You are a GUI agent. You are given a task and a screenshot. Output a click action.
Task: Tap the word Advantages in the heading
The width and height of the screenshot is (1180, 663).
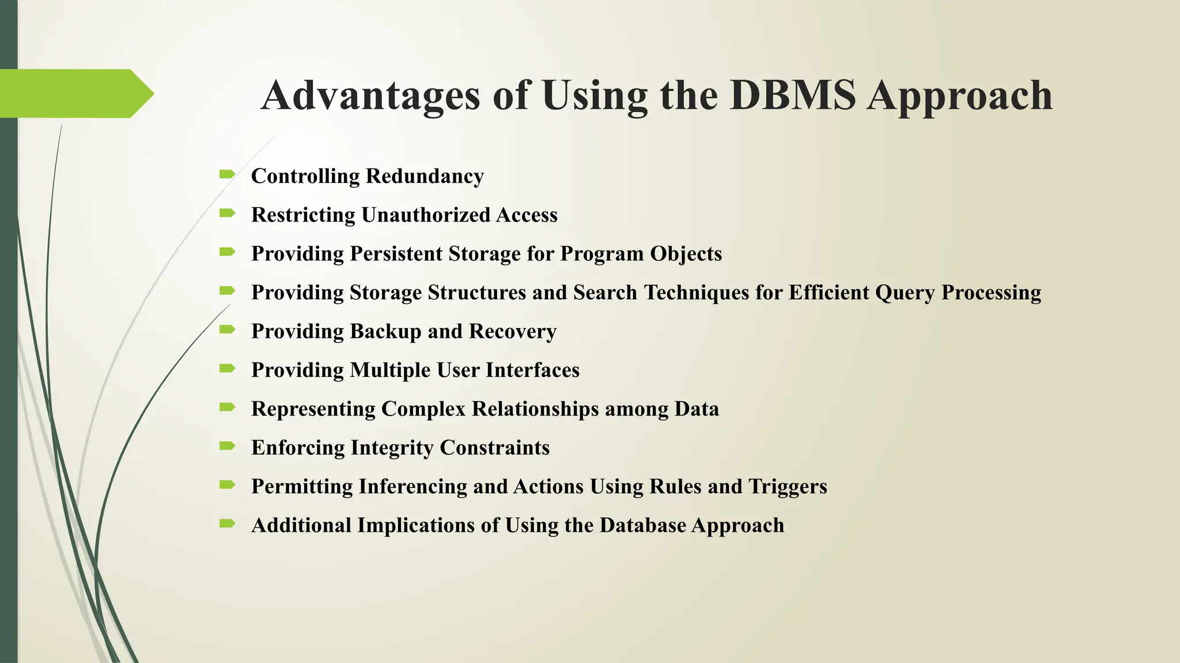[370, 96]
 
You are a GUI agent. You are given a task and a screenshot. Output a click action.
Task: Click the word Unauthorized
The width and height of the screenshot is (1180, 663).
[425, 215]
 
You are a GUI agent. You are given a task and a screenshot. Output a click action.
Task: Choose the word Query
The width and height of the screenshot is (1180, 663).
[905, 293]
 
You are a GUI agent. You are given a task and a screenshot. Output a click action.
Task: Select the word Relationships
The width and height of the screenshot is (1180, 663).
[535, 409]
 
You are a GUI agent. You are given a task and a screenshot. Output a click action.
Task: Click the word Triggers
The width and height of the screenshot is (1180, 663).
[788, 487]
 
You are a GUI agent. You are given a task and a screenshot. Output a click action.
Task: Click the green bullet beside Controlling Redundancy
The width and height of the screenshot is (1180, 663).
[227, 174]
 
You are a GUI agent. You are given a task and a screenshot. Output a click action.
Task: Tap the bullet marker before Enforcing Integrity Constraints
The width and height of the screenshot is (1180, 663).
[227, 445]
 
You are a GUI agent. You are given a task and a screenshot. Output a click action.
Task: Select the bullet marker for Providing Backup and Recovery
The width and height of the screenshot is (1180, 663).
[227, 329]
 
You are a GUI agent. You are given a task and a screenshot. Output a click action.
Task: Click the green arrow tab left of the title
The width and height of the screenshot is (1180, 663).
[75, 93]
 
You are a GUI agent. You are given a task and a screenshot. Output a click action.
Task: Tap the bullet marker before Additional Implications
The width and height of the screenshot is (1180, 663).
[227, 523]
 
